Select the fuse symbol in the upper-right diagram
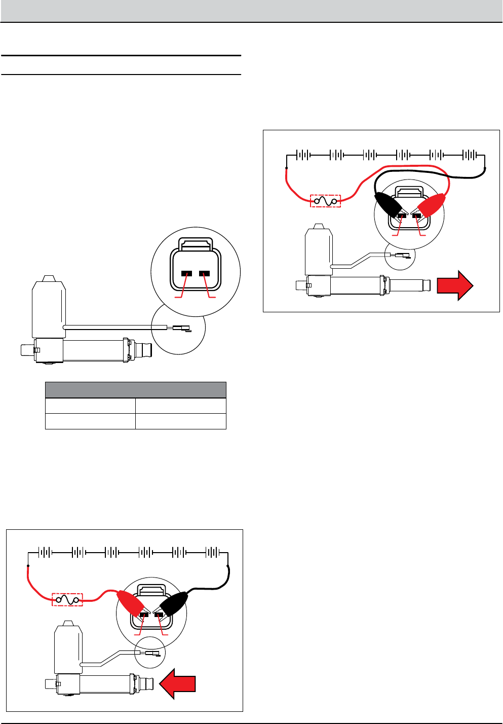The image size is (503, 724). [x=325, y=201]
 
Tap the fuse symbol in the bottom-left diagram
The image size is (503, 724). [x=67, y=600]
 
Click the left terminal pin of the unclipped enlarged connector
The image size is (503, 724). [x=186, y=274]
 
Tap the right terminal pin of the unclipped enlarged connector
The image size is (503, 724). [x=205, y=274]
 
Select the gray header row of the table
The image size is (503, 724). [x=135, y=390]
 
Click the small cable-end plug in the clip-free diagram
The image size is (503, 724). [x=181, y=328]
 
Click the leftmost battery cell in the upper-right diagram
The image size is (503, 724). [x=303, y=155]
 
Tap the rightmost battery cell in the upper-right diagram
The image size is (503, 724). [x=470, y=155]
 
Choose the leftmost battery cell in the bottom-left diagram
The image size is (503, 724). [x=45, y=552]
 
